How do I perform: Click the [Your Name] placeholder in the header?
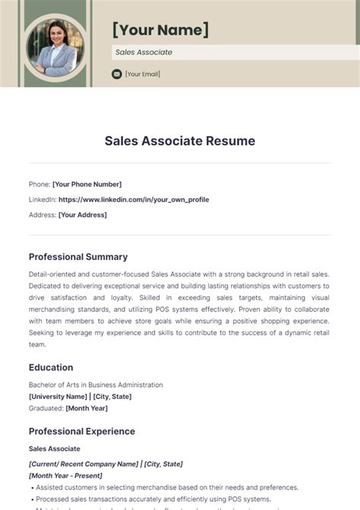pyautogui.click(x=160, y=30)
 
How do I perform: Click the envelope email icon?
pyautogui.click(x=116, y=74)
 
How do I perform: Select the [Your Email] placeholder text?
pyautogui.click(x=143, y=74)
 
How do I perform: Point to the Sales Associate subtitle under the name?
pyautogui.click(x=144, y=52)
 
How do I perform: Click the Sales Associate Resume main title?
pyautogui.click(x=180, y=141)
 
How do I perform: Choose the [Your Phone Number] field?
pyautogui.click(x=87, y=184)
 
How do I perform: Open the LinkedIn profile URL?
pyautogui.click(x=134, y=199)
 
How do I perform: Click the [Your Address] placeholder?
pyautogui.click(x=83, y=214)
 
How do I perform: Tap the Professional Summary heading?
pyautogui.click(x=78, y=257)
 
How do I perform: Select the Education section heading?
pyautogui.click(x=51, y=367)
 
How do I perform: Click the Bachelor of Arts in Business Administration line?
pyautogui.click(x=96, y=385)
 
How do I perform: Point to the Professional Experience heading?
pyautogui.click(x=82, y=431)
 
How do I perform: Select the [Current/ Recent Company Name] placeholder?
pyautogui.click(x=83, y=464)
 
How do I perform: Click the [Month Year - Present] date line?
pyautogui.click(x=67, y=475)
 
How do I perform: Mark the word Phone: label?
pyautogui.click(x=39, y=184)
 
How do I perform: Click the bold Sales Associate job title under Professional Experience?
pyautogui.click(x=55, y=448)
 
